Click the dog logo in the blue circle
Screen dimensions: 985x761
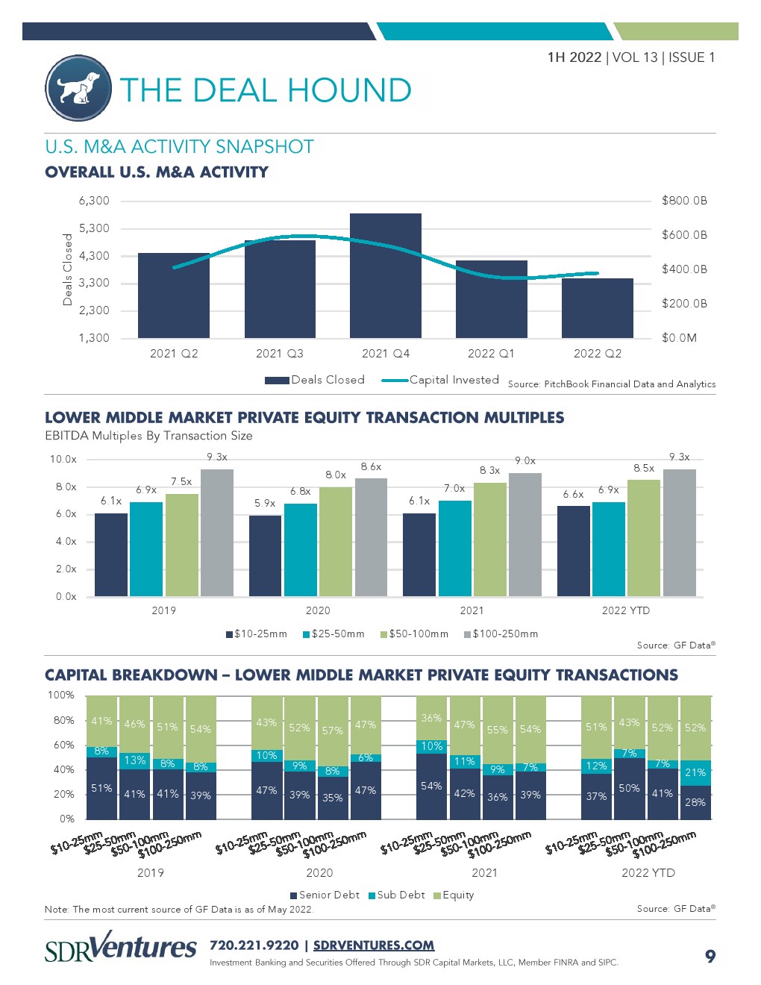(x=78, y=89)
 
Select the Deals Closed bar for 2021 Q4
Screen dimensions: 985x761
(x=386, y=275)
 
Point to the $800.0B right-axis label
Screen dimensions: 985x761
(x=684, y=201)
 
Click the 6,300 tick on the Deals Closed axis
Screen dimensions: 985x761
(x=94, y=201)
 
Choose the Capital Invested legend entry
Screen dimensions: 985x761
(x=440, y=380)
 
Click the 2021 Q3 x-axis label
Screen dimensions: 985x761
(x=280, y=354)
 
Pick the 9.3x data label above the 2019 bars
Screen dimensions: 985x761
(x=217, y=457)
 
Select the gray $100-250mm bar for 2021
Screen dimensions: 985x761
(x=525, y=534)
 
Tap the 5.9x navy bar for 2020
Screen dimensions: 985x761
(x=265, y=555)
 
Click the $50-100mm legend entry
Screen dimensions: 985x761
(x=414, y=634)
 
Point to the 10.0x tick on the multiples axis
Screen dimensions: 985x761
(x=63, y=460)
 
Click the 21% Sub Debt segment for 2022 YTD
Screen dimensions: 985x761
(x=695, y=773)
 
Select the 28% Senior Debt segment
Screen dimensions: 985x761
(x=695, y=802)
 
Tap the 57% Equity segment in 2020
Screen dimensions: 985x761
(x=333, y=731)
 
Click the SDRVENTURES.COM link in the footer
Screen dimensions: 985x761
(x=374, y=945)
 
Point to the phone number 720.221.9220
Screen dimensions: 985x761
(x=254, y=945)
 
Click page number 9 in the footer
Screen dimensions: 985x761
(x=710, y=956)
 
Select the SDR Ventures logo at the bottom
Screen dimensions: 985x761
(x=121, y=947)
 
